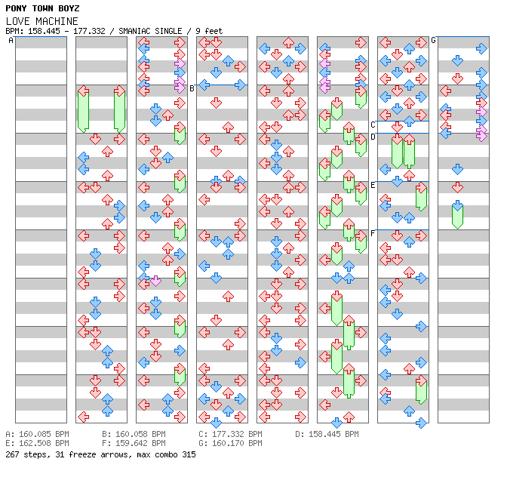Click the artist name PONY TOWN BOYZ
[x=42, y=8]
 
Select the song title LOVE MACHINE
[x=42, y=20]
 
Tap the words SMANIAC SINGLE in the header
[x=150, y=31]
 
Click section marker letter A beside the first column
[x=11, y=41]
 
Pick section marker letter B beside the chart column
[x=192, y=88]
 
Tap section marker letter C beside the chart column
[x=373, y=125]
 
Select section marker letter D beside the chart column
[x=373, y=137]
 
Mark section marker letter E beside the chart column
[x=373, y=185]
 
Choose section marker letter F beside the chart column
[x=373, y=233]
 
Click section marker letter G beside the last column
[x=434, y=40]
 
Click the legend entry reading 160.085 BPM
[x=42, y=435]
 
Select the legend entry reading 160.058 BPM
[x=139, y=435]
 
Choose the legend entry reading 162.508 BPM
[x=42, y=444]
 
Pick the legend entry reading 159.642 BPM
[x=139, y=444]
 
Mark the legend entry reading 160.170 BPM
[x=235, y=444]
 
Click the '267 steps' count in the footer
[x=23, y=454]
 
